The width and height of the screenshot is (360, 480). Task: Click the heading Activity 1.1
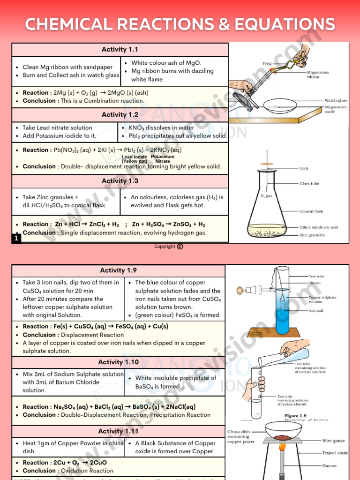(x=120, y=50)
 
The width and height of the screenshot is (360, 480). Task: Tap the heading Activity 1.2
(x=120, y=115)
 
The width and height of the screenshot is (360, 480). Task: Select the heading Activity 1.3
(x=120, y=181)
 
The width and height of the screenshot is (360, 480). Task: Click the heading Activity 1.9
(x=118, y=270)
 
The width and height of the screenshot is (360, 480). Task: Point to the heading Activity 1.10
(x=118, y=362)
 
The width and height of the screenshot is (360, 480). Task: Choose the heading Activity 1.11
(x=118, y=431)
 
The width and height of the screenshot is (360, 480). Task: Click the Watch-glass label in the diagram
(x=336, y=100)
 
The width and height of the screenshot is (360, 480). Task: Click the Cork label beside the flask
(x=304, y=169)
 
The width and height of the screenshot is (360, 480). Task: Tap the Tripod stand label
(x=335, y=453)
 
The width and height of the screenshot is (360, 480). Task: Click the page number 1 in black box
(x=16, y=239)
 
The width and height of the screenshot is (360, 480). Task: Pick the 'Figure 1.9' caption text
(x=295, y=416)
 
